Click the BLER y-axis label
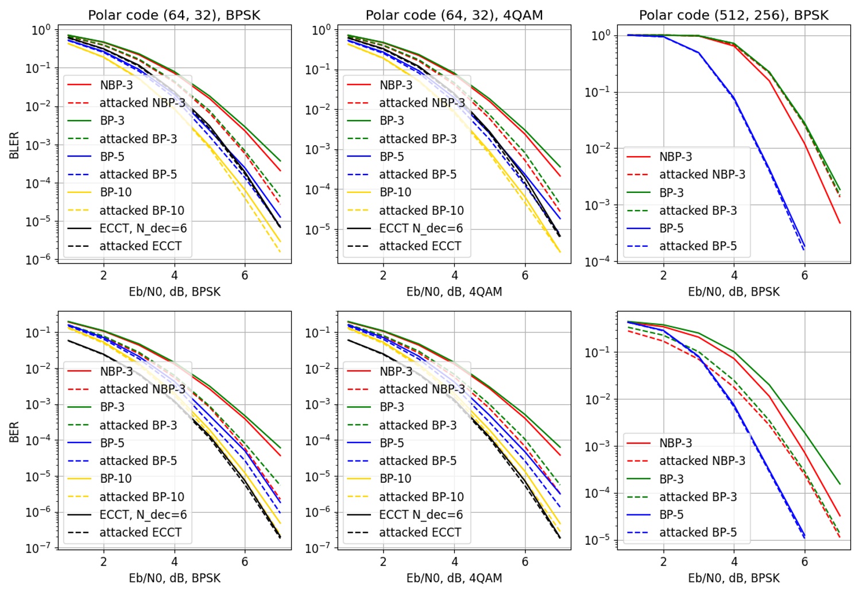click(14, 145)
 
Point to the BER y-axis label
click(14, 432)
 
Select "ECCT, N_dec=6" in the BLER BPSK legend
click(143, 228)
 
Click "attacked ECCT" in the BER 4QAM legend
click(420, 533)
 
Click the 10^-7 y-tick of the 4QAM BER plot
click(318, 548)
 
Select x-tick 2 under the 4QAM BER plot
click(383, 562)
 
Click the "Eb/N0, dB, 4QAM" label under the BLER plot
click(454, 292)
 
